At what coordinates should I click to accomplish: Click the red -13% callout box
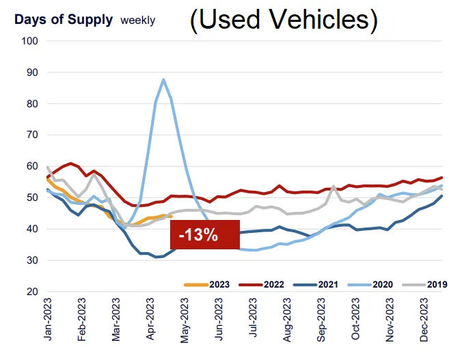(198, 236)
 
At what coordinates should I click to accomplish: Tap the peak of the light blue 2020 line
(163, 80)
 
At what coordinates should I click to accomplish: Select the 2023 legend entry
(205, 283)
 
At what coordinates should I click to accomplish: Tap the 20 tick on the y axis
(32, 292)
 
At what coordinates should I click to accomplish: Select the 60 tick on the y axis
(32, 166)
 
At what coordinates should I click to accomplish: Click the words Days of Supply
(63, 19)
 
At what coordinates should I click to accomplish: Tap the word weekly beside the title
(137, 20)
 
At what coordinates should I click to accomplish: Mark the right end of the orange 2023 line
(171, 217)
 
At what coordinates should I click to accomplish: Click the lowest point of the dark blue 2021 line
(157, 257)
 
